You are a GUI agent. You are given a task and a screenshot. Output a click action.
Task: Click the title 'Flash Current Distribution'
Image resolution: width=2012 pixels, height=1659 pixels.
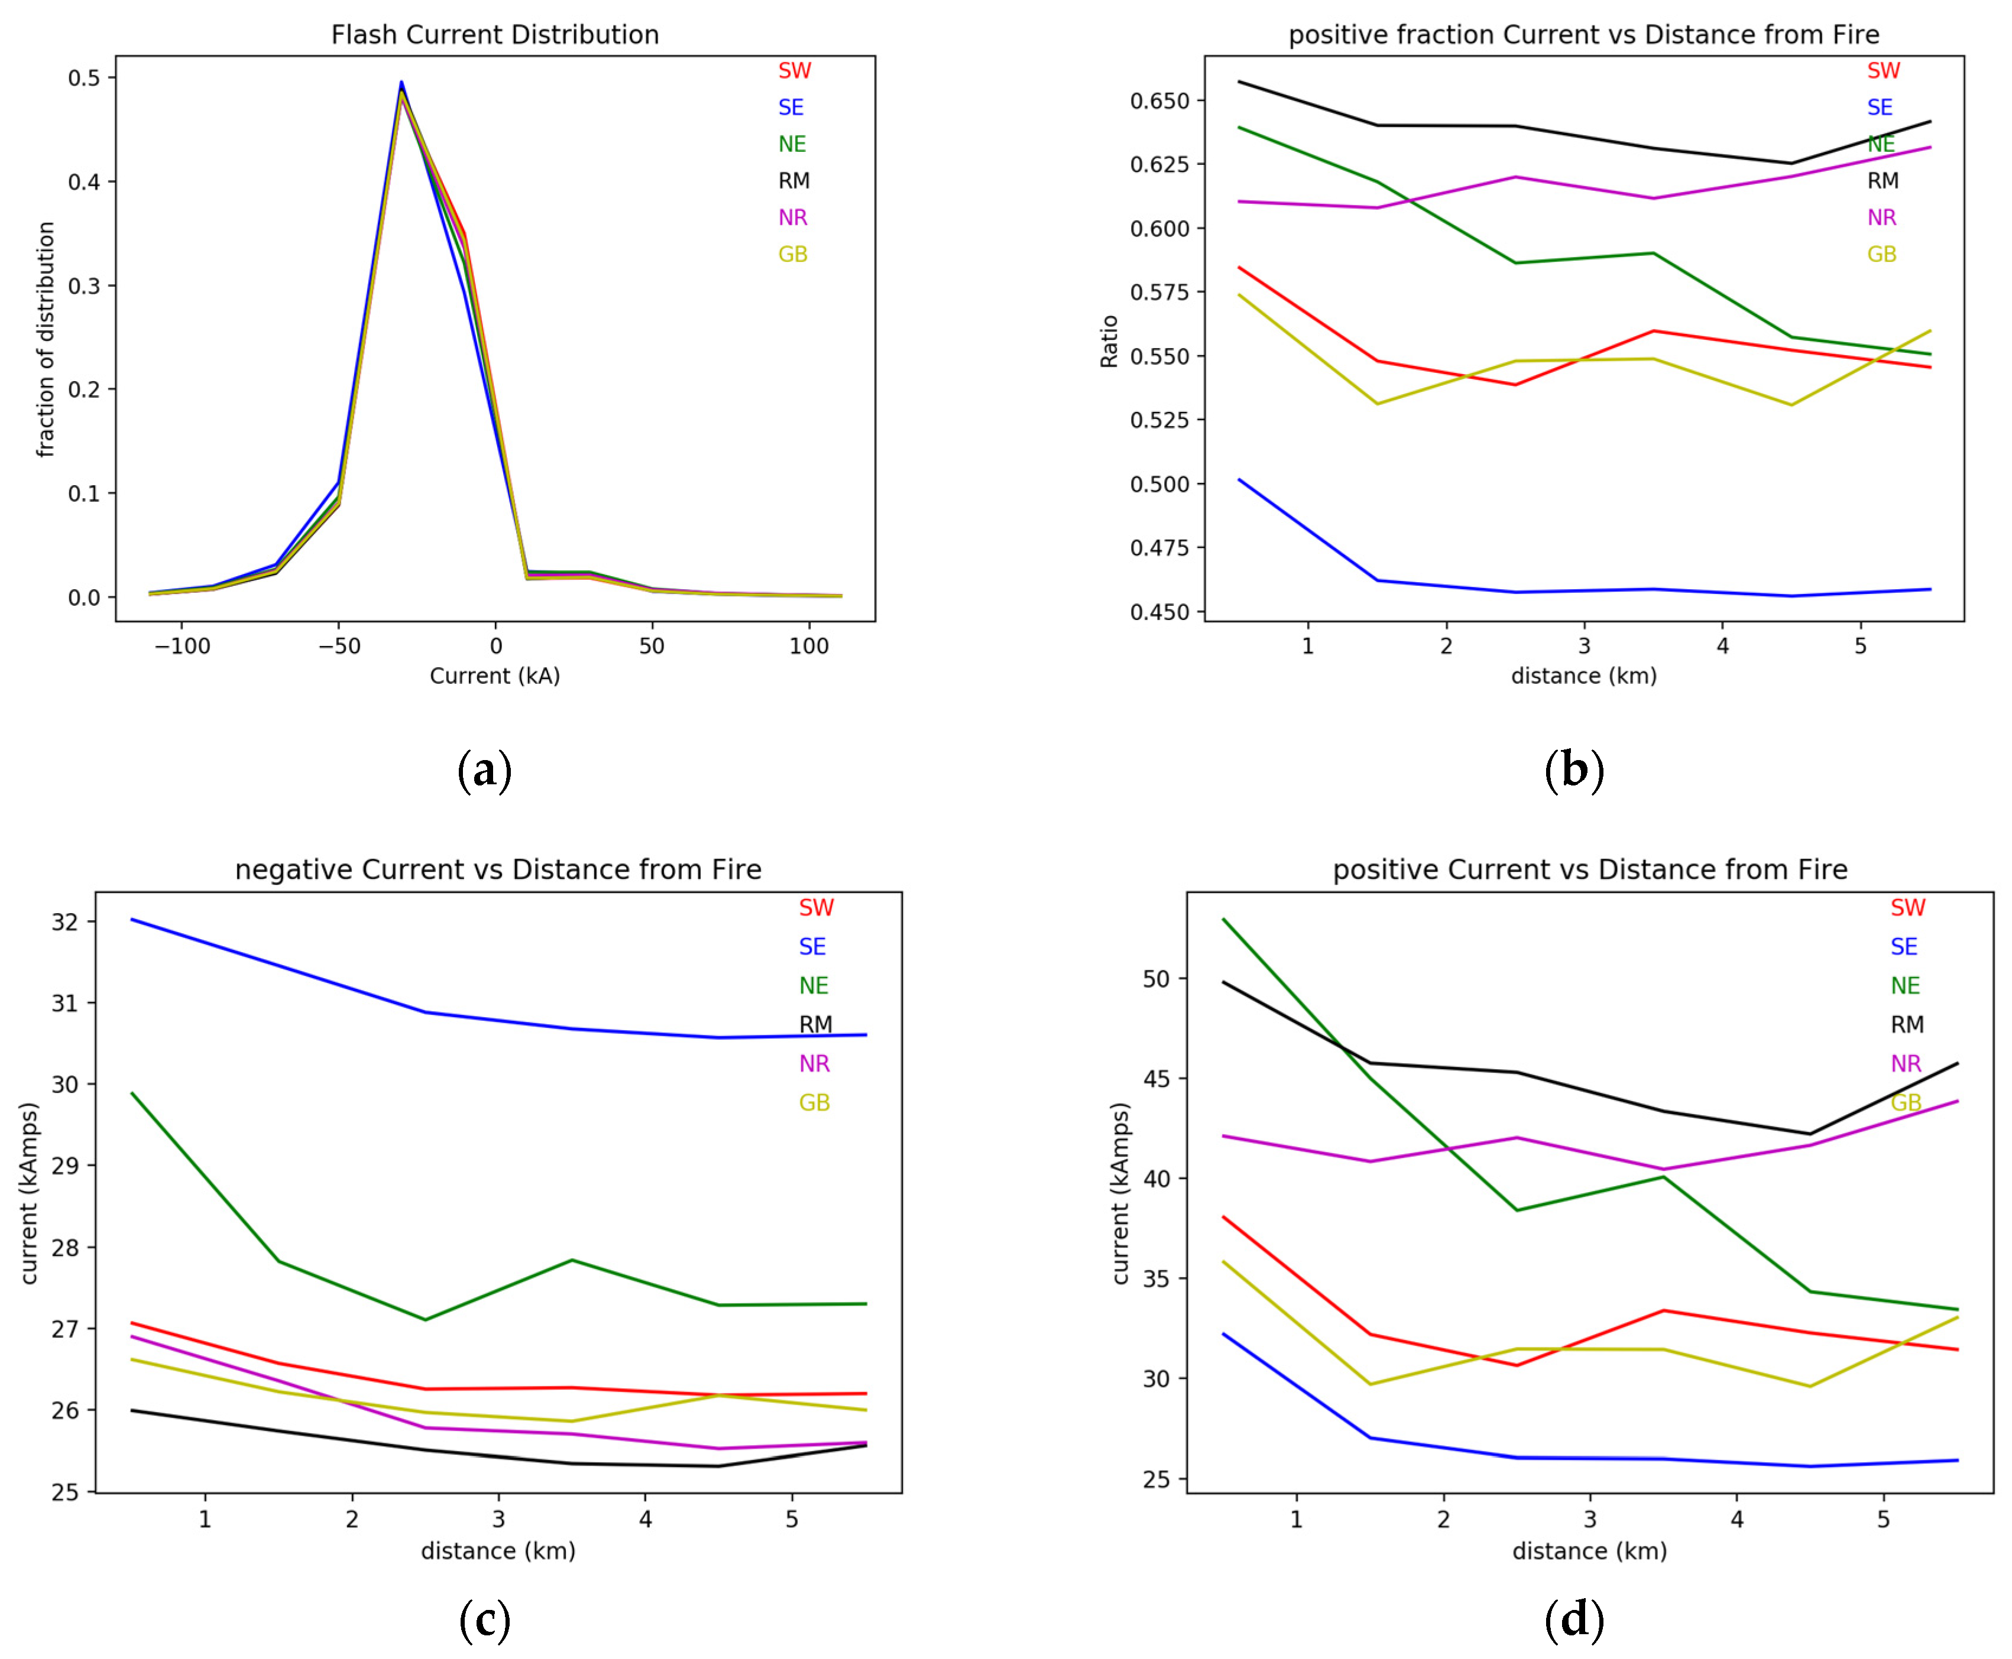tap(494, 35)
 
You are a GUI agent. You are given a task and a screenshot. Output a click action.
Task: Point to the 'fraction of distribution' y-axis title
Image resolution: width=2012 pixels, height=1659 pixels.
tap(45, 339)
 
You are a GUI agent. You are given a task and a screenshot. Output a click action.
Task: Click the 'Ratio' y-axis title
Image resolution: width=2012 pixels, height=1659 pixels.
tap(1109, 341)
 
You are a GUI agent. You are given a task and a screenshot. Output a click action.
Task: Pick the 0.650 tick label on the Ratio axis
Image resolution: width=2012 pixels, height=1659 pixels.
tap(1159, 101)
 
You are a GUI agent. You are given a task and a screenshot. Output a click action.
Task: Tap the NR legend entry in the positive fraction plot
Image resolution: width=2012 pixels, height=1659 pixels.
tap(1881, 218)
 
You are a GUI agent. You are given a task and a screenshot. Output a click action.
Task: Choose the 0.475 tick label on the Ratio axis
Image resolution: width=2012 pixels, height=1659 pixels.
tap(1159, 548)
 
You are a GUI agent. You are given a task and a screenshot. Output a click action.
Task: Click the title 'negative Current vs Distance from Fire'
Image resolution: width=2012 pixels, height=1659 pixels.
tap(498, 869)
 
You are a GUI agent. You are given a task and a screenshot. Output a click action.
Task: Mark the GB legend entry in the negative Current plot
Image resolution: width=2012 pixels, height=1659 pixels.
tap(814, 1103)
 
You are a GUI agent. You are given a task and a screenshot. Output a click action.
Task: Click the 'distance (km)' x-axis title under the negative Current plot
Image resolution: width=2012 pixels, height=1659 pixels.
tap(498, 1550)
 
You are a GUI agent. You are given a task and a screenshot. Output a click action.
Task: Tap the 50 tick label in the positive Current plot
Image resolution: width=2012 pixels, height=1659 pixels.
tap(1156, 979)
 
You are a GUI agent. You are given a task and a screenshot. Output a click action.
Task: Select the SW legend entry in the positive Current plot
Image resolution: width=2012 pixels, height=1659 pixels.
tap(1907, 908)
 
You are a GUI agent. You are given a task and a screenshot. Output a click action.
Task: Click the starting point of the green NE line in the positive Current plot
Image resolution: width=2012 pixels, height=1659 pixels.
tap(1224, 919)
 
